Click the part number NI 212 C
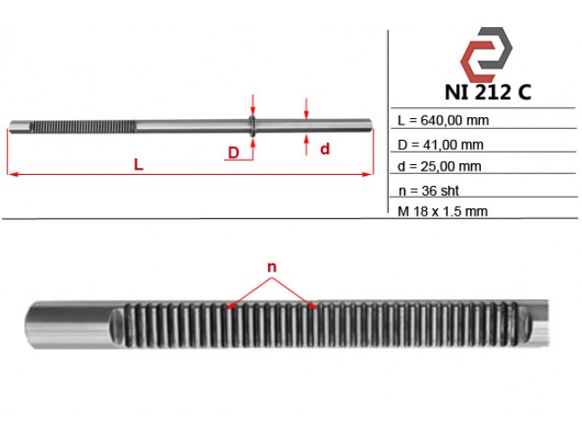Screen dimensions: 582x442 point(488,92)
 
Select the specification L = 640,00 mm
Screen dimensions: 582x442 point(443,120)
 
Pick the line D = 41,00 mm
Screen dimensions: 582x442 point(440,144)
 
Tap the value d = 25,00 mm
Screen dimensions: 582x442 point(439,166)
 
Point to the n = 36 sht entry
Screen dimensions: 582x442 point(429,190)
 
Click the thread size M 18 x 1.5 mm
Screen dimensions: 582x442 point(442,212)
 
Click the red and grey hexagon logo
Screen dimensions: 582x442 point(486,54)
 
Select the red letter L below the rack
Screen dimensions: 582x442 point(138,164)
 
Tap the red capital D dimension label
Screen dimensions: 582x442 point(234,152)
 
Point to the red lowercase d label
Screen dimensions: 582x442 point(325,149)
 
